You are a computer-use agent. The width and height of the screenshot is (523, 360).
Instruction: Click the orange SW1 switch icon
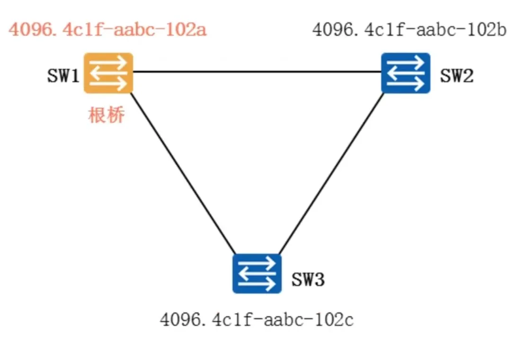tap(108, 73)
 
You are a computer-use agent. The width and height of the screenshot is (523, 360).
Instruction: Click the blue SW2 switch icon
tap(406, 73)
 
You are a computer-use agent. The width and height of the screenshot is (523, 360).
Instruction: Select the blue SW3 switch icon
tap(257, 274)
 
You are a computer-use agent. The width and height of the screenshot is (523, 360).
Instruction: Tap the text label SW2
tap(457, 76)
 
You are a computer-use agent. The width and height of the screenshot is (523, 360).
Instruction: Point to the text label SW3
tap(308, 279)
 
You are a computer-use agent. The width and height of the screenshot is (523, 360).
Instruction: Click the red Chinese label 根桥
tap(106, 115)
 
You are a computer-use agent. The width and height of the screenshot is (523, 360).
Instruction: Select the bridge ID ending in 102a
tap(108, 30)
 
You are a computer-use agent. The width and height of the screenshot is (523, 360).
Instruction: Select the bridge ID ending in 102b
tap(409, 30)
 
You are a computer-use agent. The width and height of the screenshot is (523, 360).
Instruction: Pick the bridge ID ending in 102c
tap(257, 320)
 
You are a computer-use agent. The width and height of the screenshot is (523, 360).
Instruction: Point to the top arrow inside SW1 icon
tap(108, 63)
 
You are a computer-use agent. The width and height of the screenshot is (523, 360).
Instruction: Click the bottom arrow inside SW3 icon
tap(257, 284)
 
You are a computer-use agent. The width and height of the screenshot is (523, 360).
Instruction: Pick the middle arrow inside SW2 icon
tap(406, 73)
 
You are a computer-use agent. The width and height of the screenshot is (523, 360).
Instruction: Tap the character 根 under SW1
tap(97, 115)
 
